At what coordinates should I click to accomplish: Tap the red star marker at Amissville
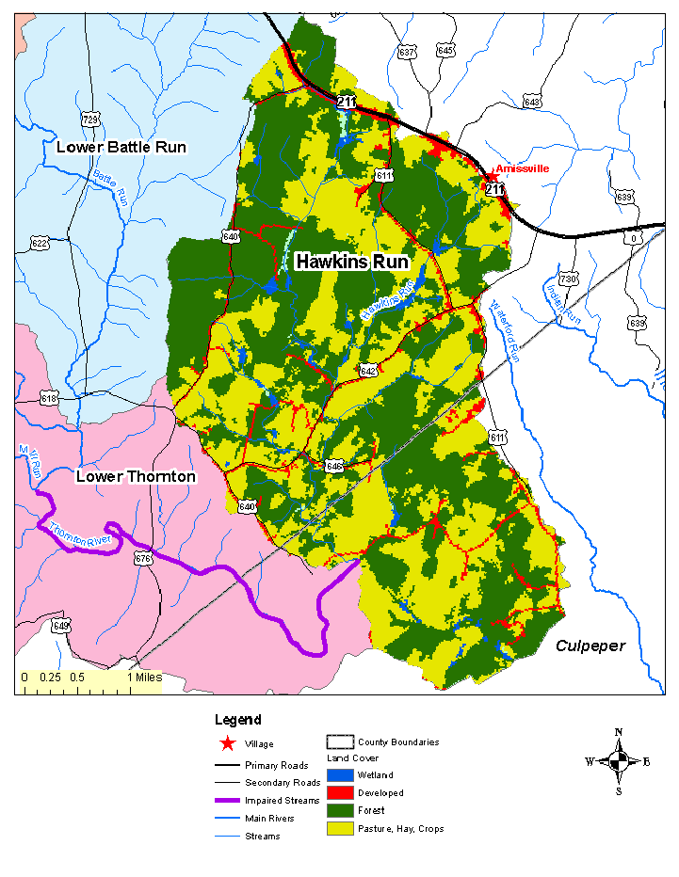pyautogui.click(x=491, y=176)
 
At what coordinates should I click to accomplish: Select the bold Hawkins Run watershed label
pyautogui.click(x=351, y=262)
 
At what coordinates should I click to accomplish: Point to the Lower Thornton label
pyautogui.click(x=136, y=477)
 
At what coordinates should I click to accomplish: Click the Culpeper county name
pyautogui.click(x=590, y=646)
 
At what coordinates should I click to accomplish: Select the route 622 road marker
pyautogui.click(x=39, y=244)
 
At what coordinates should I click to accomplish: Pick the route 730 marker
pyautogui.click(x=567, y=279)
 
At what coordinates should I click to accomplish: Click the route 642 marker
pyautogui.click(x=367, y=372)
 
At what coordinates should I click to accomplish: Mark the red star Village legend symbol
pyautogui.click(x=227, y=744)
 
